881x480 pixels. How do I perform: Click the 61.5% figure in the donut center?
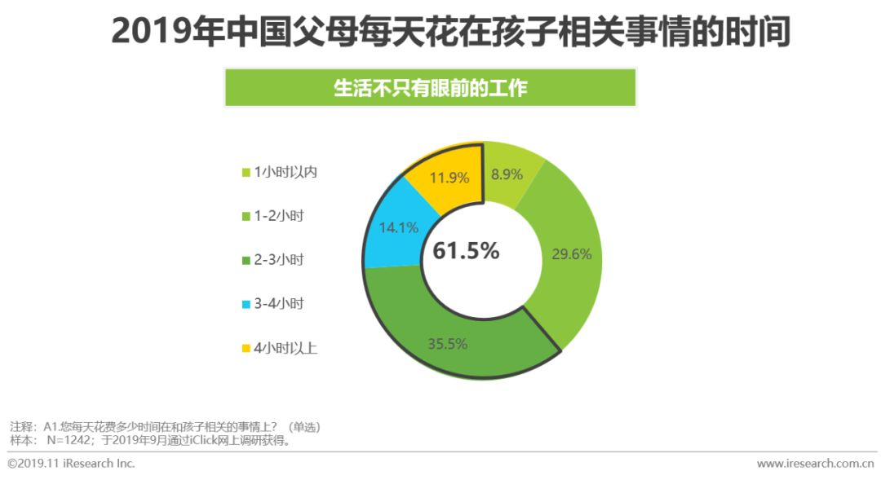[466, 251]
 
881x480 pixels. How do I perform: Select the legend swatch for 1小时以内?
[246, 172]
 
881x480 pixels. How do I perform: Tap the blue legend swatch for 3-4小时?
[246, 305]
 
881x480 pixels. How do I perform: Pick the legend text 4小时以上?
[286, 349]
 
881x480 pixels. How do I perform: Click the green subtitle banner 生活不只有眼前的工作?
[430, 88]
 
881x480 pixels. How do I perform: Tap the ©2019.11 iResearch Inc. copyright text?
[71, 464]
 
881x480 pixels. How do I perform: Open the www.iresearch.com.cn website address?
[815, 464]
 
